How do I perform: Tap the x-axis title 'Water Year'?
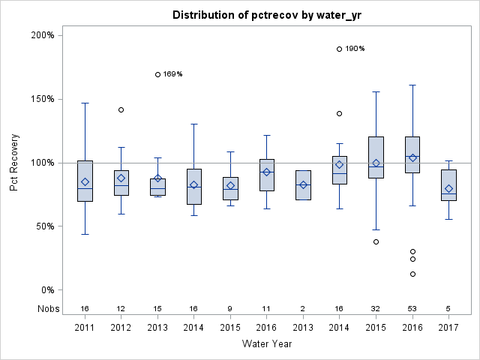point(267,344)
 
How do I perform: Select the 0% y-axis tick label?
point(46,290)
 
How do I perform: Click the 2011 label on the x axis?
point(85,328)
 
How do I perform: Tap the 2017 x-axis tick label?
point(448,328)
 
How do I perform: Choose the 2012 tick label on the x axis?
point(121,328)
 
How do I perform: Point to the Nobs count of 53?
point(412,308)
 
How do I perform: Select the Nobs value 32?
point(376,308)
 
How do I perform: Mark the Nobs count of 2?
point(303,308)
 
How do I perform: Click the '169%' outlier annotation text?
point(173,74)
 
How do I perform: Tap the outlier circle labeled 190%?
point(340,49)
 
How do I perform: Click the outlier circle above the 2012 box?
point(121,110)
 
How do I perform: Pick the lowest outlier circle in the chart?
point(412,274)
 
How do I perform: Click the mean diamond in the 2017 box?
point(448,189)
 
